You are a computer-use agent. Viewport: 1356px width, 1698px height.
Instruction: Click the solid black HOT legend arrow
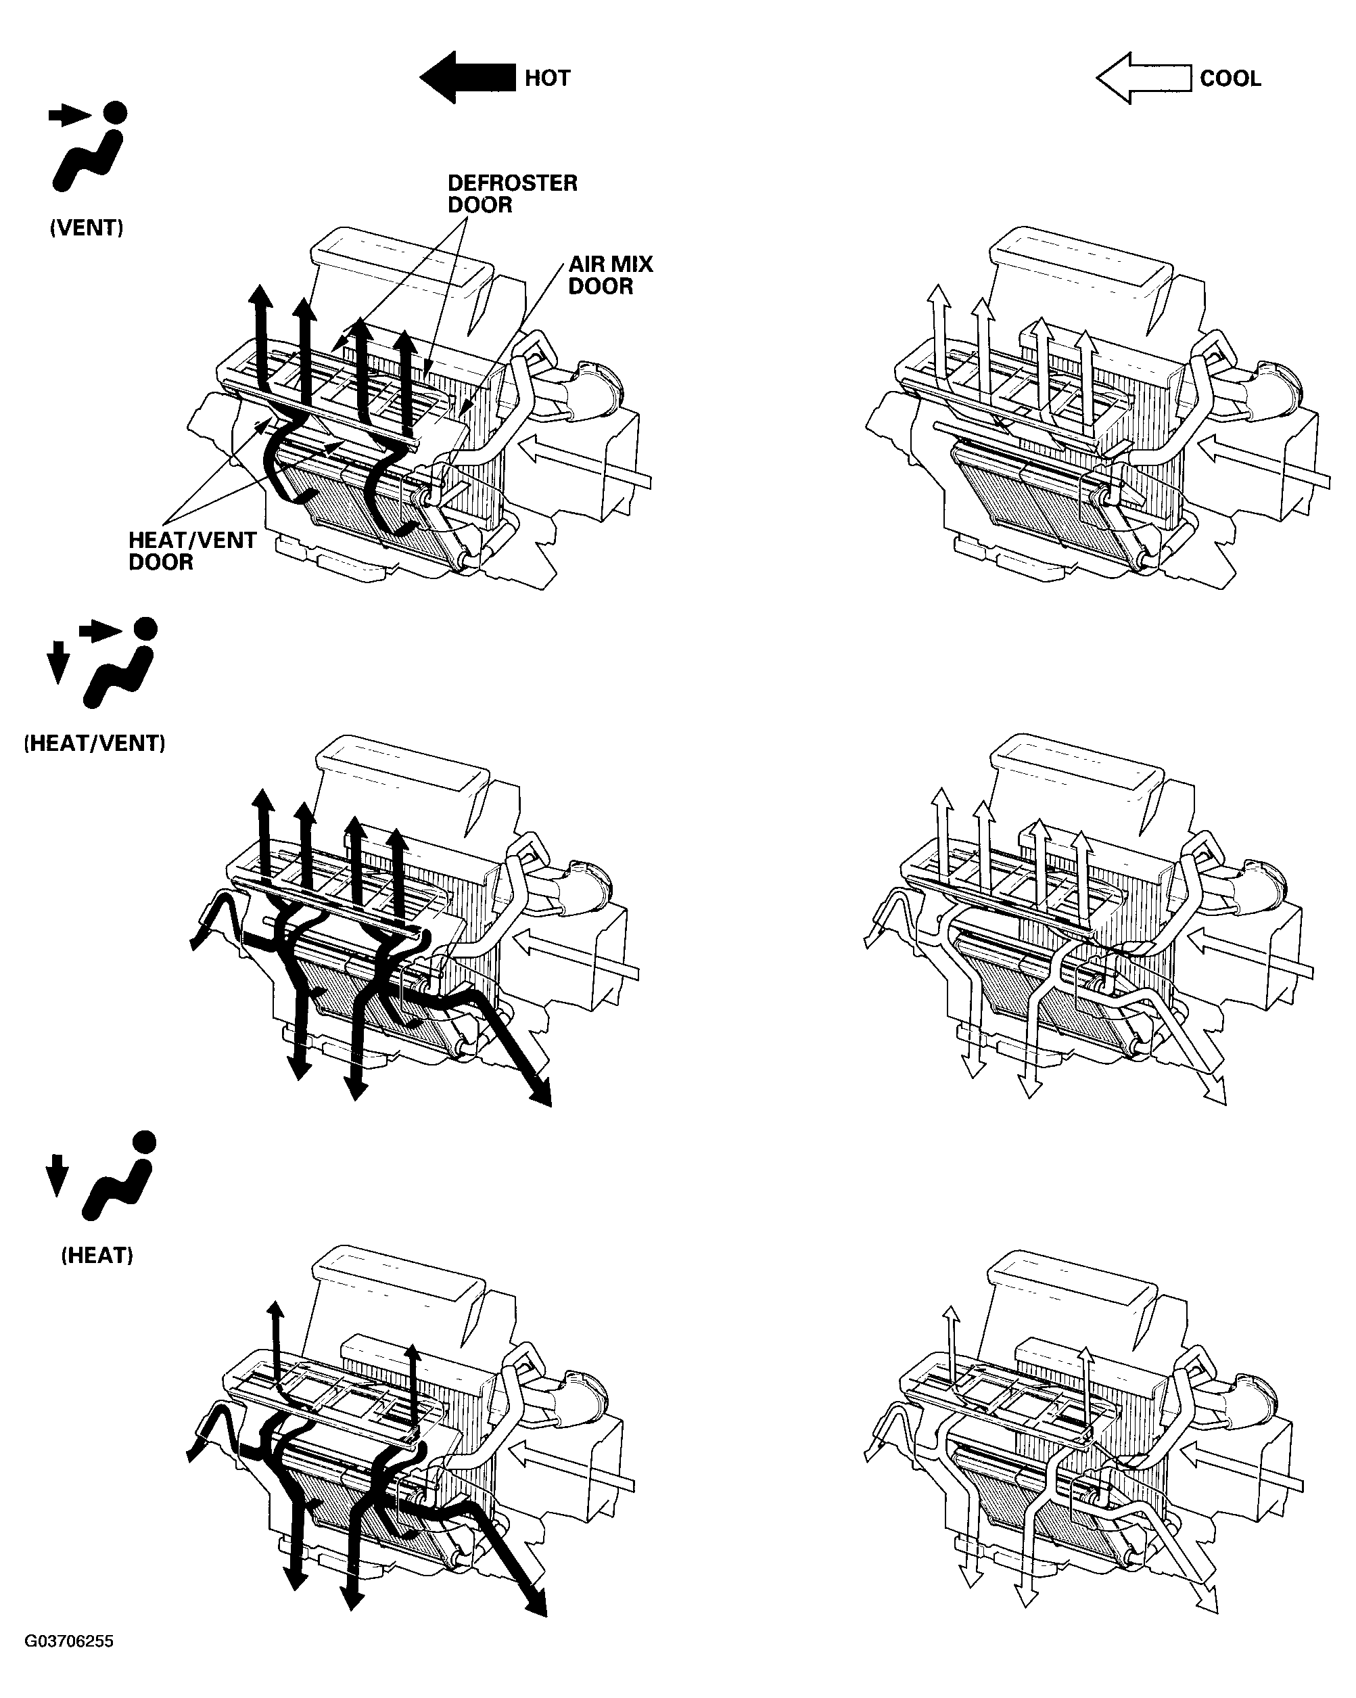pyautogui.click(x=468, y=77)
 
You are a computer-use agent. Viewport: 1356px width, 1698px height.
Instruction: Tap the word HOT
pyautogui.click(x=547, y=78)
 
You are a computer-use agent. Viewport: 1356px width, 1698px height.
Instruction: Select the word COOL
pyautogui.click(x=1230, y=78)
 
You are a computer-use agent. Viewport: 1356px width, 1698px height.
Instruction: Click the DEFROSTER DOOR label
pyautogui.click(x=513, y=193)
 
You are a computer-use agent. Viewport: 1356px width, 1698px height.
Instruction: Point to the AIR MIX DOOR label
pyautogui.click(x=610, y=275)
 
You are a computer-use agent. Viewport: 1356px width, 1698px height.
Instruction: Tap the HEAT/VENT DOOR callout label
pyautogui.click(x=192, y=551)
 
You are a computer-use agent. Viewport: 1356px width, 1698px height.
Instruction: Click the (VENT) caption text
pyautogui.click(x=87, y=229)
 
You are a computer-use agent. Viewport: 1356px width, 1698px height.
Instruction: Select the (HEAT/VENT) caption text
pyautogui.click(x=95, y=743)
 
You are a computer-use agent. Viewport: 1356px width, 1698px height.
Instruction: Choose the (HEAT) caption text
pyautogui.click(x=97, y=1255)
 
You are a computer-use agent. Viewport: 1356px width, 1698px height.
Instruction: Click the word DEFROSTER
pyautogui.click(x=513, y=183)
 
